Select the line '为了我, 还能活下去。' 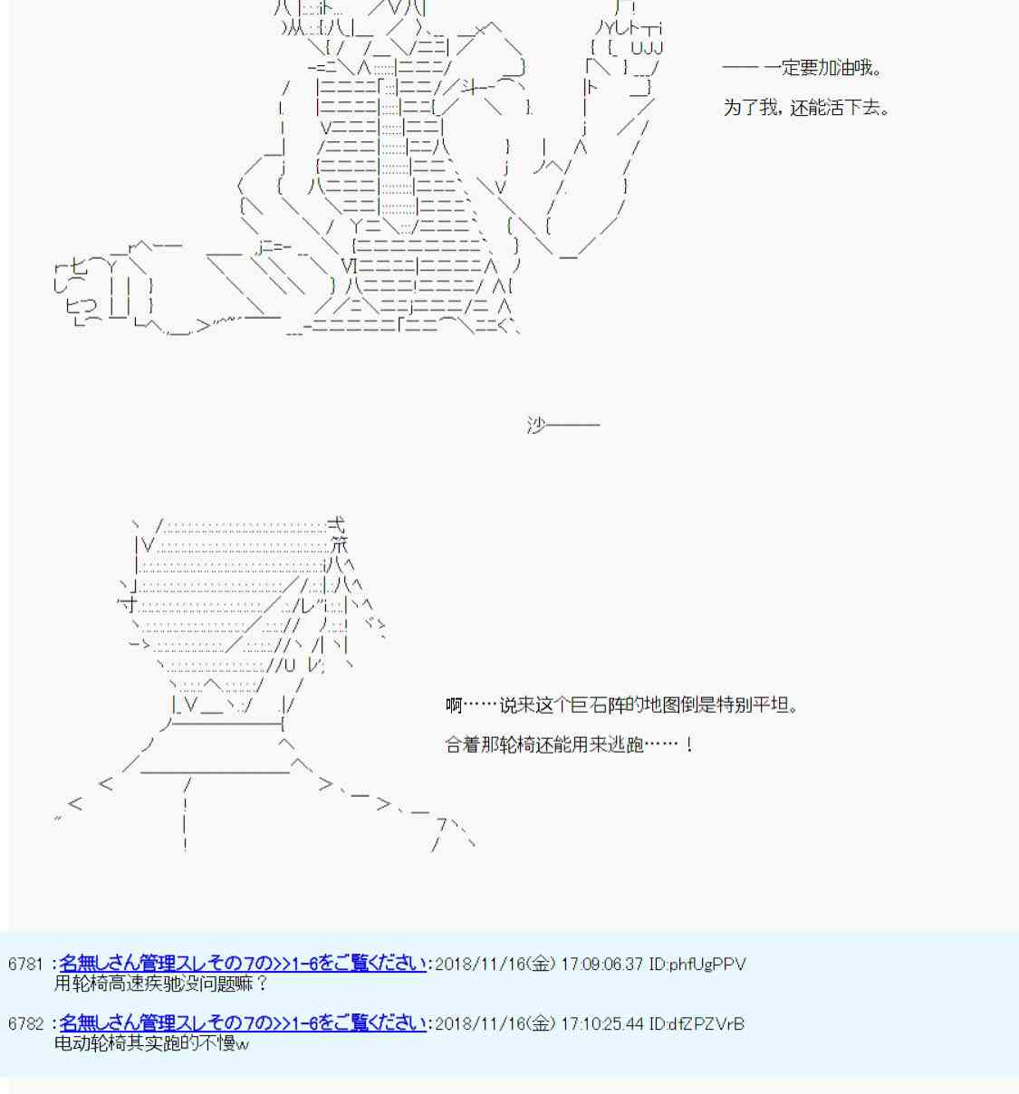(806, 108)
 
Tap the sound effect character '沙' (536, 424)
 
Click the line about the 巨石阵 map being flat (622, 705)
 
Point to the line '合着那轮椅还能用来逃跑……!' (570, 744)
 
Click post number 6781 (25, 964)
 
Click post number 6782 (25, 1023)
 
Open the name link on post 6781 (243, 964)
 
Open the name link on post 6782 (243, 1023)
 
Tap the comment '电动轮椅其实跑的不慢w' (151, 1043)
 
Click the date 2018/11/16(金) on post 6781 (495, 964)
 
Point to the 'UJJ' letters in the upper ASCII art (647, 47)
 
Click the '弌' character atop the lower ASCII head (336, 524)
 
